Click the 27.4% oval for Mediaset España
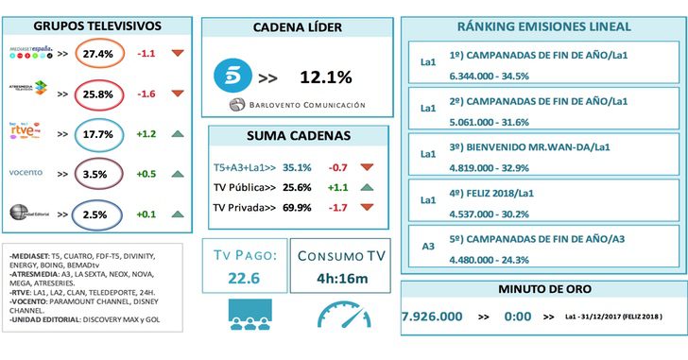pyautogui.click(x=97, y=54)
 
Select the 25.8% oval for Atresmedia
pyautogui.click(x=97, y=94)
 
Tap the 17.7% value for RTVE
pyautogui.click(x=97, y=134)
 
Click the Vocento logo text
pyautogui.click(x=26, y=174)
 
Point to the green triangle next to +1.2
pyautogui.click(x=178, y=134)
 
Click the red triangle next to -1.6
pyautogui.click(x=178, y=94)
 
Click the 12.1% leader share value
pyautogui.click(x=326, y=75)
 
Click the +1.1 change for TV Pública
pyautogui.click(x=338, y=188)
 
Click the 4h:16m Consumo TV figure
pyautogui.click(x=342, y=279)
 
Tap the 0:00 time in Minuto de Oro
pyautogui.click(x=517, y=317)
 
